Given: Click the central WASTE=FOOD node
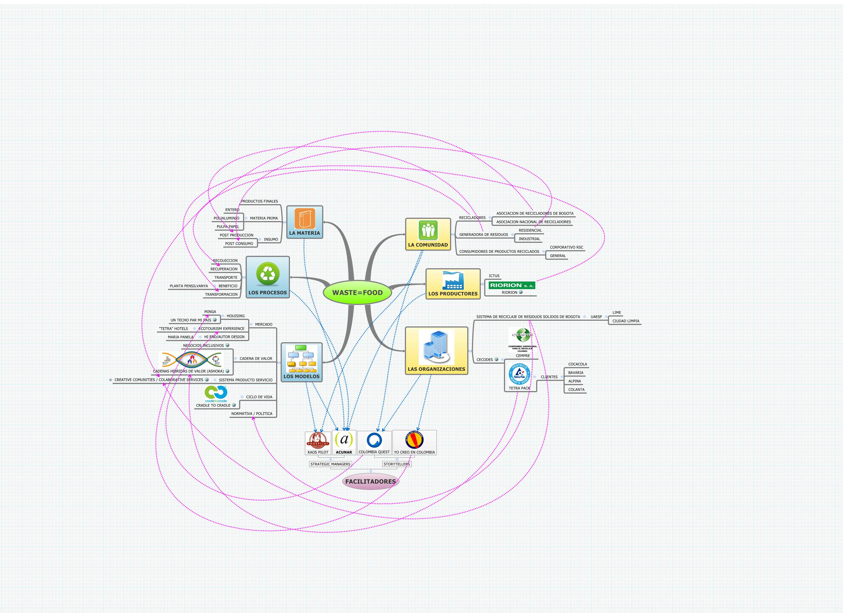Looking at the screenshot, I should pos(357,293).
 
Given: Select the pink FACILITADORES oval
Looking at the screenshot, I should pos(370,481).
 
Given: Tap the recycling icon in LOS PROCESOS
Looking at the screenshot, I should pos(268,274).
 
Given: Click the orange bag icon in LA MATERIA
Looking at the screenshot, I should pos(305,219).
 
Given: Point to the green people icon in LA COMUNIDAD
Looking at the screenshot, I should pos(428,230).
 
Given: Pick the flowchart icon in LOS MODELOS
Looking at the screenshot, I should pos(301,359).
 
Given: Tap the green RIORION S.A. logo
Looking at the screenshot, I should pos(512,285).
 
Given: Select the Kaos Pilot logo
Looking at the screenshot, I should pos(318,441).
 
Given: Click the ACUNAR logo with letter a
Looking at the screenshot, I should pos(344,440).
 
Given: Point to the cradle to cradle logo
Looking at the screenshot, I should pos(216,394).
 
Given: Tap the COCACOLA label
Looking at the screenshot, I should pos(577,364).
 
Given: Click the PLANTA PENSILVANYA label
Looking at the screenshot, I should pos(189,286).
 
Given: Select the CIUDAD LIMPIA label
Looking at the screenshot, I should pos(626,321).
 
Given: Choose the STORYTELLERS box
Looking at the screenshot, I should pos(397,464).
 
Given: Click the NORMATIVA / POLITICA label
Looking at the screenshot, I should pos(252,414).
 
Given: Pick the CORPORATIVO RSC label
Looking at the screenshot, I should pos(566,247).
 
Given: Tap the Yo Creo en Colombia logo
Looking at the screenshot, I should pos(414,440).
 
